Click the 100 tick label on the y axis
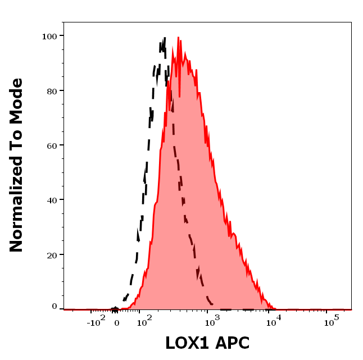click(49, 36)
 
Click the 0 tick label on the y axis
click(55, 307)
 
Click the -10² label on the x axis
click(96, 322)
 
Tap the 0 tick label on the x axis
click(116, 323)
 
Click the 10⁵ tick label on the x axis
click(332, 322)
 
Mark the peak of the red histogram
click(178, 38)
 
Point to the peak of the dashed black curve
click(165, 38)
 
